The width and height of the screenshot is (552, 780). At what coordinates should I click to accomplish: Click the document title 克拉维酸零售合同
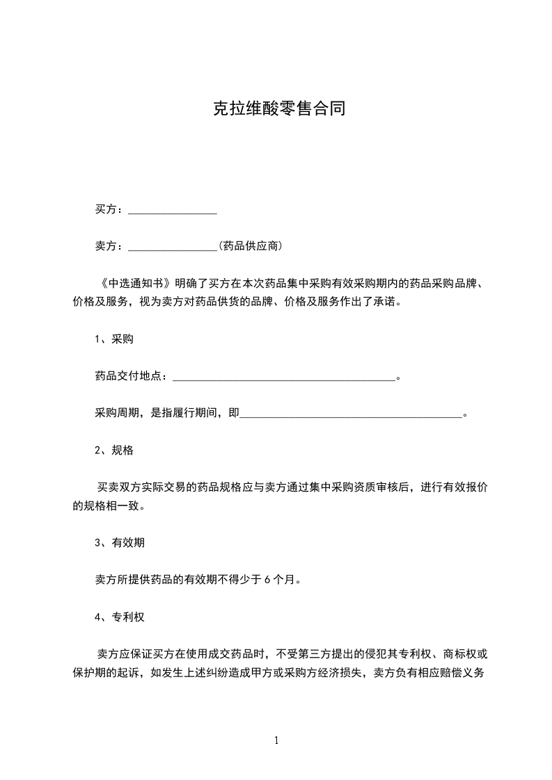[278, 109]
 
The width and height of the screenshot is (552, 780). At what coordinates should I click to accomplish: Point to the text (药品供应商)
[250, 246]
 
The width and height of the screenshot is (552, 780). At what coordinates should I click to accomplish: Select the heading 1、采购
[114, 339]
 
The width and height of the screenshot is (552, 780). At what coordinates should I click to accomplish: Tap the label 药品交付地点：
[132, 377]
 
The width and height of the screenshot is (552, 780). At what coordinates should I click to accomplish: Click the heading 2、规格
[114, 450]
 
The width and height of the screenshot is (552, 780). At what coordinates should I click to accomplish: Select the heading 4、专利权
[120, 617]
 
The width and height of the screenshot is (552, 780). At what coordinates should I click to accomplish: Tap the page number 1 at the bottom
[276, 740]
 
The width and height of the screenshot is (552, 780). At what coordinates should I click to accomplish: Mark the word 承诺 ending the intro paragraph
[388, 303]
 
